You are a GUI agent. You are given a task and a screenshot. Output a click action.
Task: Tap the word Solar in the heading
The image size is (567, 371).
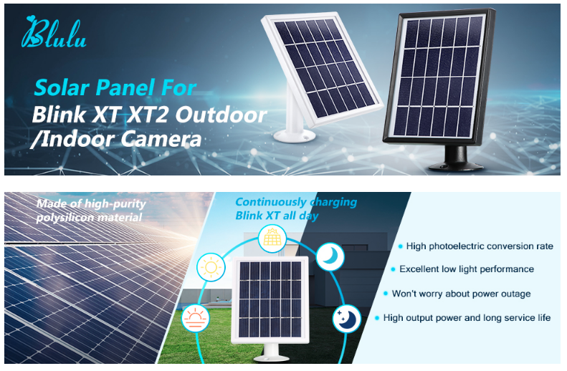point(59,89)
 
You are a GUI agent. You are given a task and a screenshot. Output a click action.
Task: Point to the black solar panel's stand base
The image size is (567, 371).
point(457,160)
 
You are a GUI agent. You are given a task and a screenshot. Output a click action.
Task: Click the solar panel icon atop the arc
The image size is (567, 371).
point(272,237)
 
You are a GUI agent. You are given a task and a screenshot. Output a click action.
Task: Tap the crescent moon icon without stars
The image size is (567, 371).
point(330,256)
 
